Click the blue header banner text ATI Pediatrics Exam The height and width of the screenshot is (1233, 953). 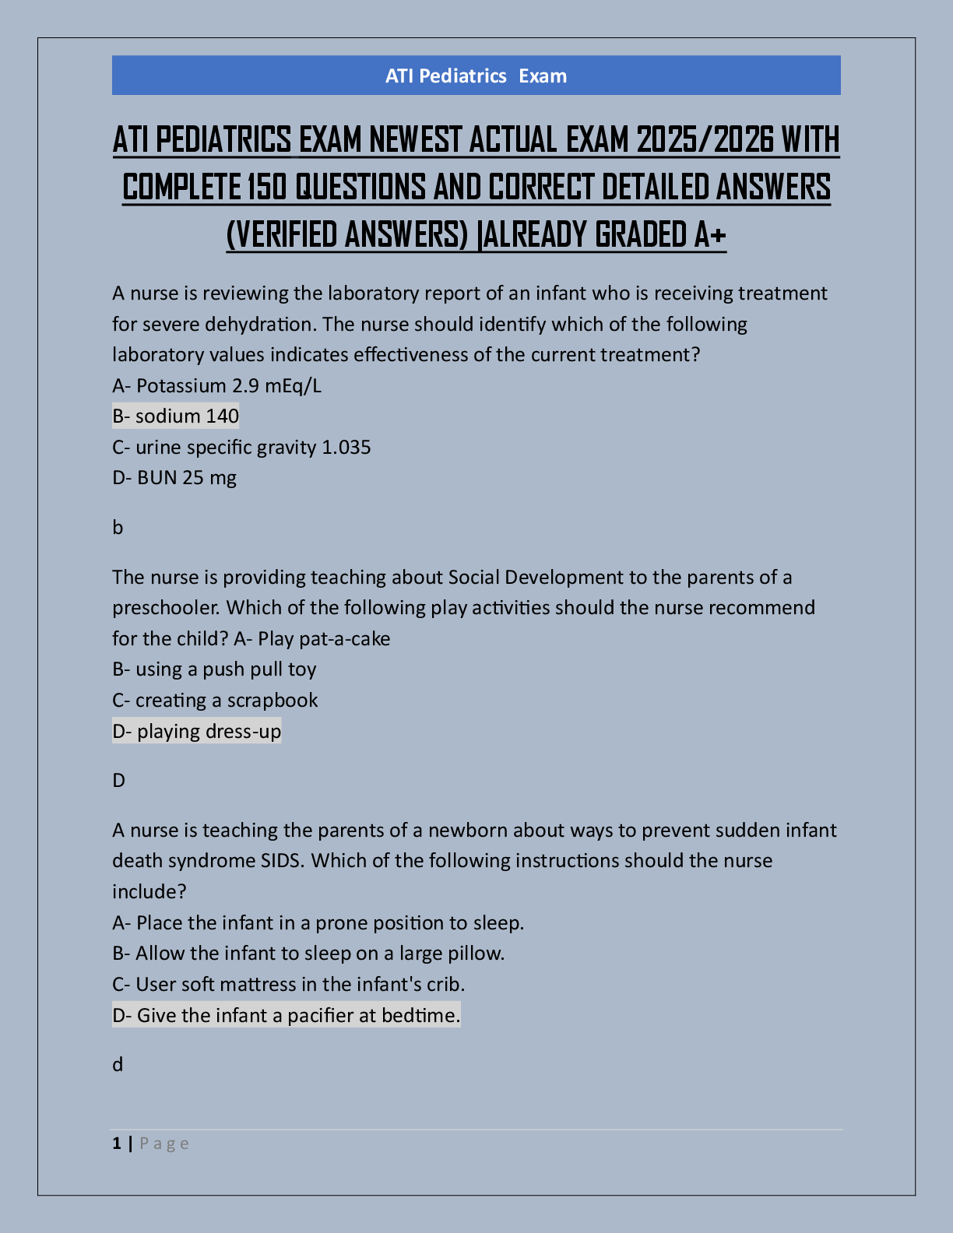pyautogui.click(x=476, y=76)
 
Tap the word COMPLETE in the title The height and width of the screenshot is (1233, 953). pyautogui.click(x=181, y=188)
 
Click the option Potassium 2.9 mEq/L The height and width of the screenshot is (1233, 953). pyautogui.click(x=228, y=385)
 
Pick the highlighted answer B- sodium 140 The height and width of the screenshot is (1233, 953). pyautogui.click(x=175, y=416)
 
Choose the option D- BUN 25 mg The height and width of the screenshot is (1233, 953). pyautogui.click(x=174, y=478)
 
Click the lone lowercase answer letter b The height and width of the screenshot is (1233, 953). pyautogui.click(x=118, y=528)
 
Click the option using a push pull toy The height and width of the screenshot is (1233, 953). pyautogui.click(x=226, y=669)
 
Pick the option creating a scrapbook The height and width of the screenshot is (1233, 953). pyautogui.click(x=227, y=701)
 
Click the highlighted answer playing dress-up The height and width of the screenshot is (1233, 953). pyautogui.click(x=209, y=732)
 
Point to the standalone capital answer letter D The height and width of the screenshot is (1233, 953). pyautogui.click(x=118, y=781)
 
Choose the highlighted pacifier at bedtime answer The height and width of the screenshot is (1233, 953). pyautogui.click(x=286, y=1016)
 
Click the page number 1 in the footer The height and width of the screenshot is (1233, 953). pyautogui.click(x=117, y=1143)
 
